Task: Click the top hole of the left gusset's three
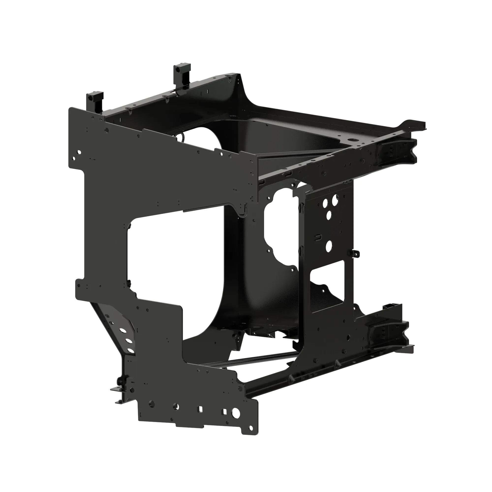123,331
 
